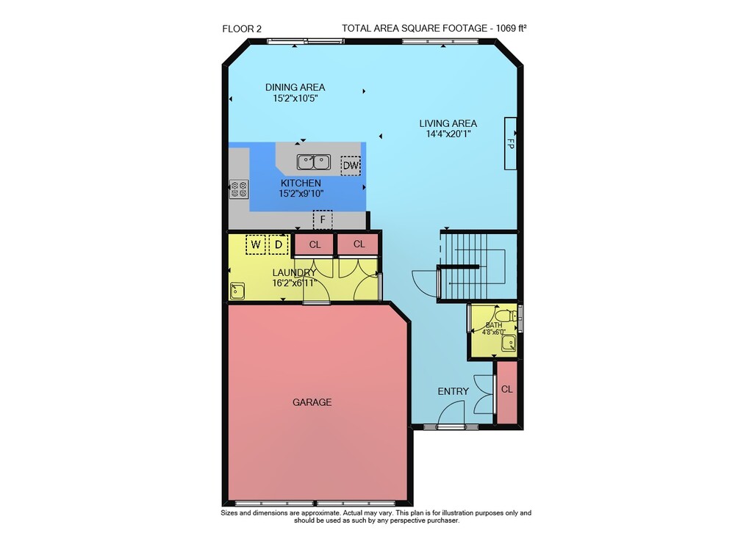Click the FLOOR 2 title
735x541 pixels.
tap(242, 29)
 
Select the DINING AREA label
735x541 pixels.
tap(295, 87)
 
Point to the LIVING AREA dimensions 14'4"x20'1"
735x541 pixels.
tap(448, 134)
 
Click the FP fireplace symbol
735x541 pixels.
tap(511, 143)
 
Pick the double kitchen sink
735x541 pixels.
tap(314, 162)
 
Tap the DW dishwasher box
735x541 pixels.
tap(351, 165)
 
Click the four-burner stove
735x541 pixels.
tap(239, 189)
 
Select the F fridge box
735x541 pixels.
tap(323, 219)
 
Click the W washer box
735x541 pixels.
tap(256, 244)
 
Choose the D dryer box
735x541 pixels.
tap(279, 244)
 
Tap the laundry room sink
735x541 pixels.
tap(237, 291)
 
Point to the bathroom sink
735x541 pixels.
tap(509, 344)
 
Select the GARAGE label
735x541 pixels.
tap(312, 402)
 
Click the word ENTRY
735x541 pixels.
tap(453, 391)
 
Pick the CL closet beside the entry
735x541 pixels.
tap(506, 392)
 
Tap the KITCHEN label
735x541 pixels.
tap(301, 183)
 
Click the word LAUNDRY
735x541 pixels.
tap(295, 272)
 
